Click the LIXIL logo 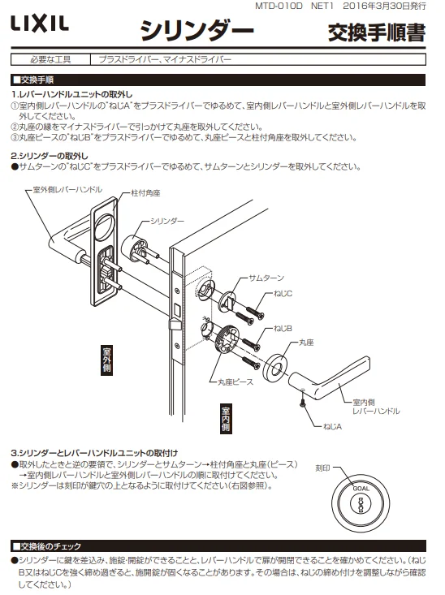(x=40, y=24)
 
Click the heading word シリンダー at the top (x=197, y=30)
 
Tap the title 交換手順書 (x=376, y=32)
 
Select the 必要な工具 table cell (x=50, y=59)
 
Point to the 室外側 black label (x=106, y=360)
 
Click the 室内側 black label (x=226, y=419)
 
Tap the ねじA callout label (x=332, y=426)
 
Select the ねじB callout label (x=283, y=328)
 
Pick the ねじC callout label (x=283, y=293)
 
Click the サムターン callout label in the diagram (x=266, y=278)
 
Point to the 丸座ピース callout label (x=235, y=382)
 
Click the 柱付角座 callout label (x=145, y=193)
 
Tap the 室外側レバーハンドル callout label (x=67, y=189)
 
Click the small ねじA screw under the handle (x=303, y=403)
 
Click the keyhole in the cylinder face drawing (x=361, y=505)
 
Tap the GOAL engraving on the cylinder (x=361, y=489)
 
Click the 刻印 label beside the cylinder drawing (x=322, y=468)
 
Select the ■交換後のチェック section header (x=47, y=546)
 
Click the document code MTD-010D (x=279, y=6)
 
